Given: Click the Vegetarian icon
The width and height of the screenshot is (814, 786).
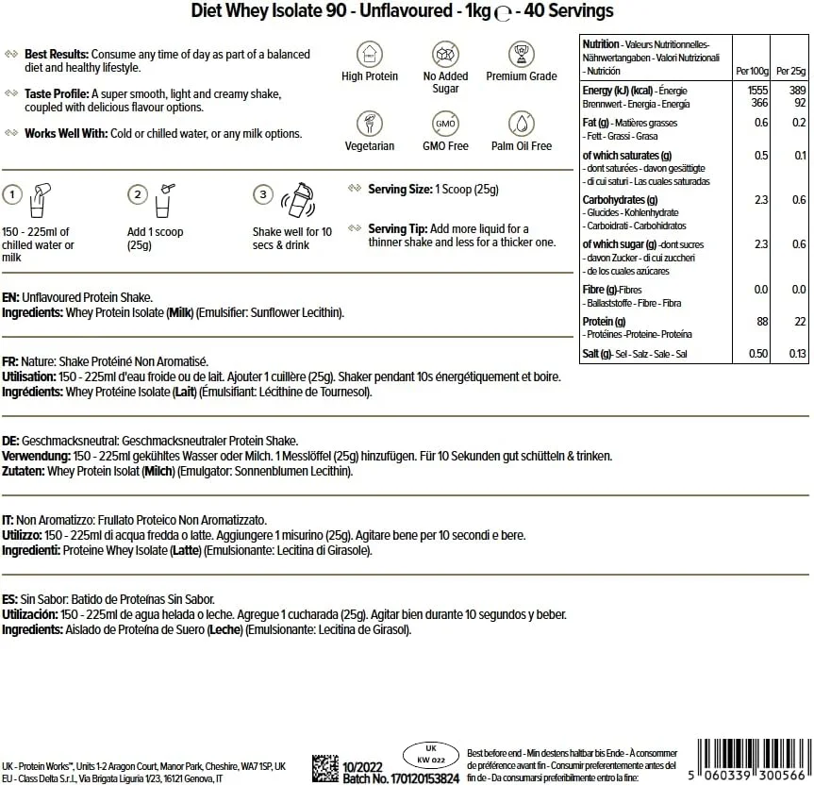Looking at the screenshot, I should coord(369,124).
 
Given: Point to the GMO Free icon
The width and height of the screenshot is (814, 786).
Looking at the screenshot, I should coord(445,124).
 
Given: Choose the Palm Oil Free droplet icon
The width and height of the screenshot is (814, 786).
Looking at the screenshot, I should coord(522,124).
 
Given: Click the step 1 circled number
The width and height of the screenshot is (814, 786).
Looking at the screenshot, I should coord(12,194).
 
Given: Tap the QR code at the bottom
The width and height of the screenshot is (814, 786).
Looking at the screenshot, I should coord(325,767).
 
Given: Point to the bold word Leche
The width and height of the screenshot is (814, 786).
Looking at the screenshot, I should coord(223,629).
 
